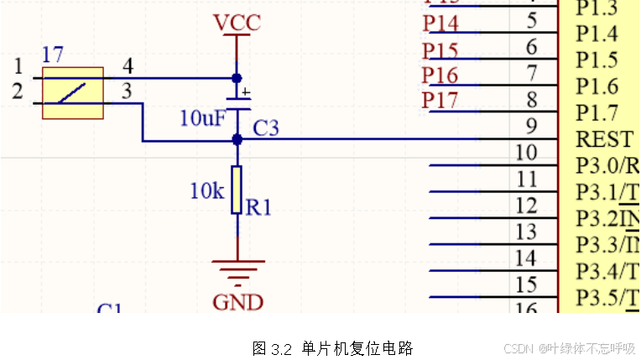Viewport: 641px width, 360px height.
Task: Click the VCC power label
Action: [237, 23]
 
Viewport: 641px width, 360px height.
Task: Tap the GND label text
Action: [237, 302]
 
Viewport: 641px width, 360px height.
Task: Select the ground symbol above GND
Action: [237, 272]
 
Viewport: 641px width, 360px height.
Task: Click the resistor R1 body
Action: [237, 190]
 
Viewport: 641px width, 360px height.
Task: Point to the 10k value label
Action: [206, 191]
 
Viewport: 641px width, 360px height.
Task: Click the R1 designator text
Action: [258, 206]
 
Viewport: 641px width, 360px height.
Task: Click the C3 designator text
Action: [266, 128]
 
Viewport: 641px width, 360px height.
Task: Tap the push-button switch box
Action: [73, 93]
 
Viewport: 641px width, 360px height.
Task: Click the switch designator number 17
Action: [52, 55]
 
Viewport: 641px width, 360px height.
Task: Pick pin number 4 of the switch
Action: [128, 65]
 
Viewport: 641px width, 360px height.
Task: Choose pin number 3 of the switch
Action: [128, 91]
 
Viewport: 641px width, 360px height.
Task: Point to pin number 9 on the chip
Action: [531, 127]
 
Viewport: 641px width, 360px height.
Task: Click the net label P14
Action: [440, 23]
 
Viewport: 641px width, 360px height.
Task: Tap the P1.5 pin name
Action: [597, 60]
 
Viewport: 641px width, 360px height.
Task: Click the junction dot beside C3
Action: [237, 139]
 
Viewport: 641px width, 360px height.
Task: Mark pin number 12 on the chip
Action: [526, 205]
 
